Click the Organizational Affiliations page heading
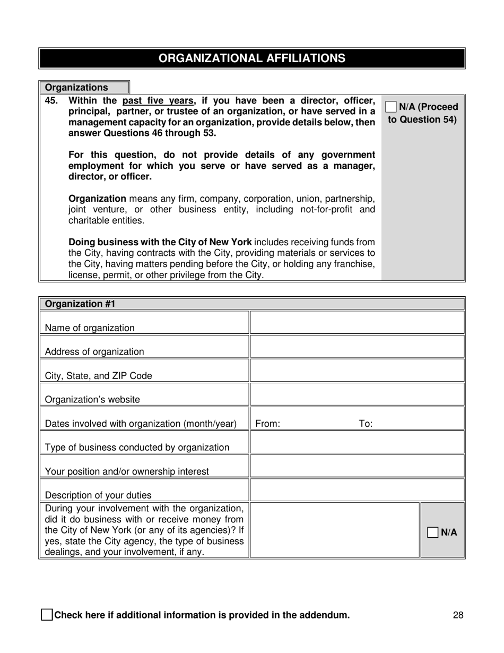pos(251,58)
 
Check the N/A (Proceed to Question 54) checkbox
pos(391,107)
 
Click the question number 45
pos(51,100)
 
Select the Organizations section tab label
pos(76,88)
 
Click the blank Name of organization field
pos(357,323)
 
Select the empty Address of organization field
pos(357,347)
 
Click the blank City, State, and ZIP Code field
pos(357,371)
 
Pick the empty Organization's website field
pos(357,394)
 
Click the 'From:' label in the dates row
pos(267,424)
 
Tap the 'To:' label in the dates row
pos(366,424)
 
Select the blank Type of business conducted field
pos(357,442)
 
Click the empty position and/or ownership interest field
pos(357,466)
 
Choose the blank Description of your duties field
pos(357,490)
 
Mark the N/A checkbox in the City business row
pos(433,532)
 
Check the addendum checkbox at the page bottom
pos(47,615)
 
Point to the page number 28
pos(458,615)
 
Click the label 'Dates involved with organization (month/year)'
pos(141,424)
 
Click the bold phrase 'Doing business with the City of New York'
pos(160,243)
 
